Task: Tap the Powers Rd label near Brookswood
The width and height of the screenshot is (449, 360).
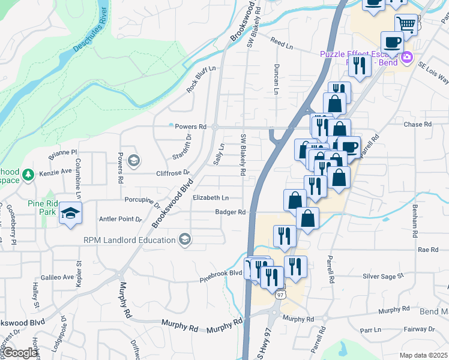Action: tap(190, 127)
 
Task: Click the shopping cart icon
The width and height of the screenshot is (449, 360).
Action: tap(406, 25)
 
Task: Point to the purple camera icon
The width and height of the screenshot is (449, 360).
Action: tap(407, 58)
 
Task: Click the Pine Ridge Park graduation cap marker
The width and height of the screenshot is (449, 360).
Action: tap(70, 214)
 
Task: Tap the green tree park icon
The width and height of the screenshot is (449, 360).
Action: tap(28, 175)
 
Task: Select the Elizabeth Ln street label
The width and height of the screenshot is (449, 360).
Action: tap(211, 197)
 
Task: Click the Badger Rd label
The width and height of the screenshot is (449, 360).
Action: tap(231, 212)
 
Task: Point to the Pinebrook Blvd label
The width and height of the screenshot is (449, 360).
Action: tap(221, 273)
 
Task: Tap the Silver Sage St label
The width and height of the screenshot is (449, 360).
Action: tap(383, 277)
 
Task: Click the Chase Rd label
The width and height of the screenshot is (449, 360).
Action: tap(418, 125)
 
